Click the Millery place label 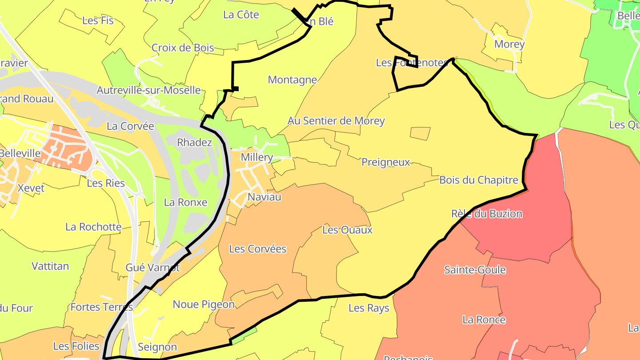(x=256, y=157)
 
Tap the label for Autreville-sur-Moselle (x=148, y=90)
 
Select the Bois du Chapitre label (x=479, y=180)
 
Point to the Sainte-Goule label (x=475, y=270)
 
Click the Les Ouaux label (x=347, y=230)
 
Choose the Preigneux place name (x=385, y=162)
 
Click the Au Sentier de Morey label (x=336, y=121)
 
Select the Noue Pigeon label (x=204, y=304)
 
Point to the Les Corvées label (x=258, y=249)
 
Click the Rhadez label (x=195, y=142)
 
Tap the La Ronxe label (x=186, y=202)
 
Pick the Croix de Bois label (x=183, y=48)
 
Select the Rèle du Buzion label (x=486, y=214)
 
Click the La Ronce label (x=484, y=320)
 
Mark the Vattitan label (x=50, y=266)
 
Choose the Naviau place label (x=264, y=197)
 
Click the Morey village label (x=509, y=44)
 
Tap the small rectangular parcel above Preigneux (x=420, y=133)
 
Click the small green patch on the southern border (x=244, y=336)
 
